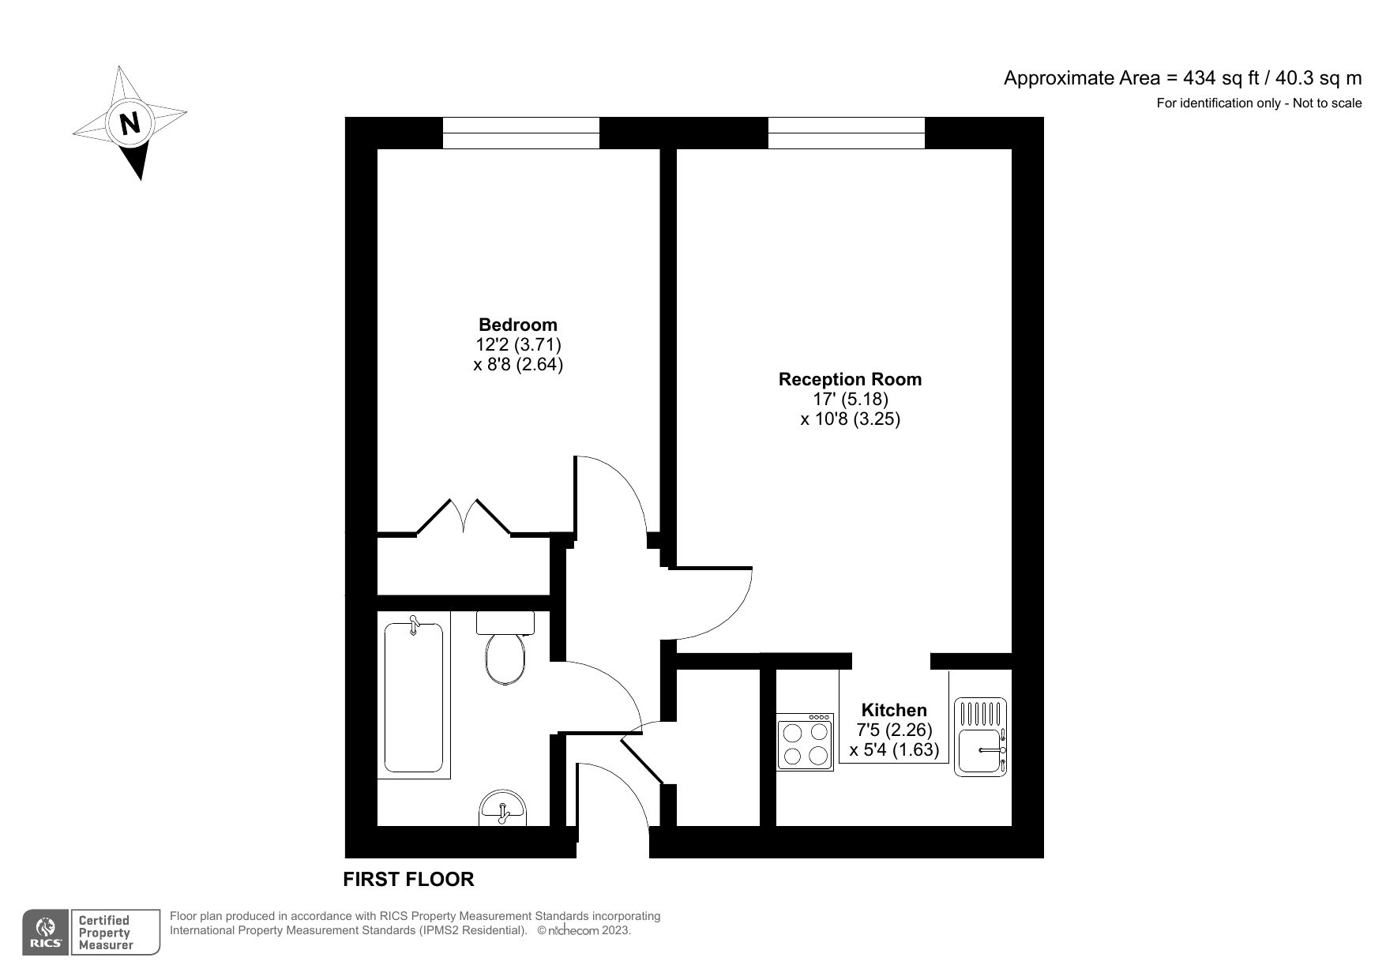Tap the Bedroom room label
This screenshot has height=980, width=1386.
point(518,325)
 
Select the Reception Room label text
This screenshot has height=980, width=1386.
point(850,379)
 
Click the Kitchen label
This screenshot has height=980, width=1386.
point(894,710)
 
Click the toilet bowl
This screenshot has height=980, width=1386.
point(505,659)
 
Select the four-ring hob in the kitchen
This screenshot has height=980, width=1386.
point(805,742)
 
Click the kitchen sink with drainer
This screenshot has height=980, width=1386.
point(981,736)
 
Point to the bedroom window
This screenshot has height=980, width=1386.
point(520,133)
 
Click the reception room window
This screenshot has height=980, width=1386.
point(846,133)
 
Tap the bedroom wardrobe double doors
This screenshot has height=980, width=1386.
point(464,517)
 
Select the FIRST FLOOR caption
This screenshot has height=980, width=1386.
point(408,879)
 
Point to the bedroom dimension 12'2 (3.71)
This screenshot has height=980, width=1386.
point(518,345)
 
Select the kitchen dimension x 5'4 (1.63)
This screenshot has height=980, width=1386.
point(894,750)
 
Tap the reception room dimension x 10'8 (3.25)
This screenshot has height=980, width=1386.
point(850,419)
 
